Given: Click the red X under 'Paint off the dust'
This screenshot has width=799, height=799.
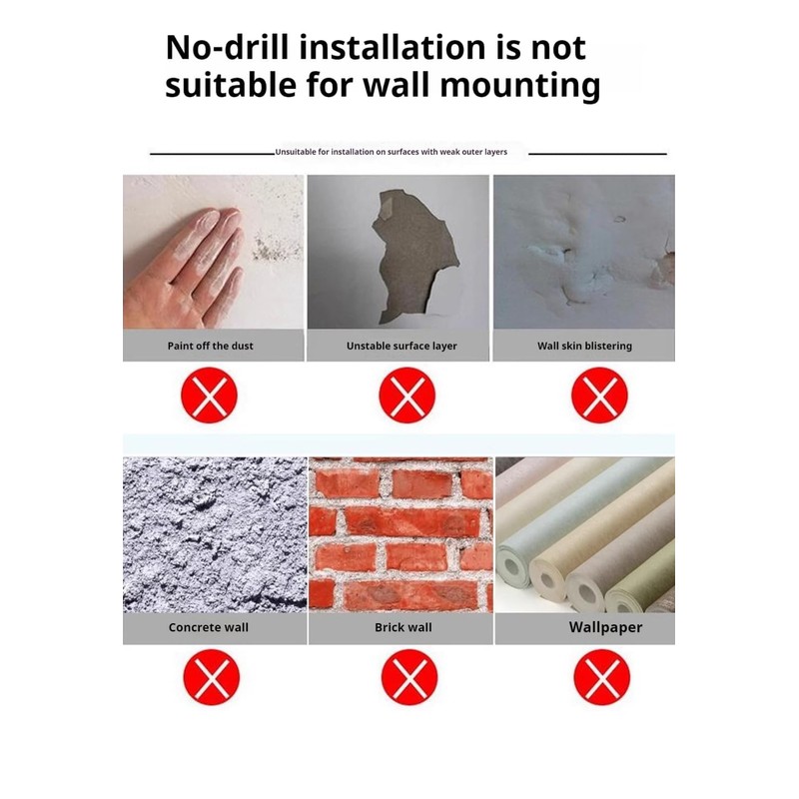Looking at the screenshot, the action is (x=209, y=395).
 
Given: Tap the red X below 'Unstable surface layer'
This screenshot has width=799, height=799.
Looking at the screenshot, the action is (x=406, y=395).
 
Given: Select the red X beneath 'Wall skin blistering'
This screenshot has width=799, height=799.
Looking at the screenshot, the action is (x=599, y=395).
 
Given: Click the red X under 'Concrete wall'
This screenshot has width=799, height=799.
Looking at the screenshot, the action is (x=211, y=677).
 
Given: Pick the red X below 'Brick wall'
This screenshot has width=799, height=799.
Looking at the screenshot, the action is (x=409, y=677).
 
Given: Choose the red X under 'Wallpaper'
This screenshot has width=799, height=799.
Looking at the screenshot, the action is (x=602, y=677).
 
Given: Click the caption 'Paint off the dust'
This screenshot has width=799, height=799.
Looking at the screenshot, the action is (x=211, y=346).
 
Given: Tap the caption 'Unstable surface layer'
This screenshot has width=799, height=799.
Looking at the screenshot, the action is (x=401, y=346).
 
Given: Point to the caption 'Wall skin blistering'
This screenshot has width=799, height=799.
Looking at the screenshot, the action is (x=584, y=346).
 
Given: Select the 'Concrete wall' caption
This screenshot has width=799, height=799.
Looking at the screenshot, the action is (x=209, y=627).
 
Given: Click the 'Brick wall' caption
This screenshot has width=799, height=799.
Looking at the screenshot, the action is (x=403, y=627).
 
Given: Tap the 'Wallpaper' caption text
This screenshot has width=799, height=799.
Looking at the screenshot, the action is (x=605, y=627).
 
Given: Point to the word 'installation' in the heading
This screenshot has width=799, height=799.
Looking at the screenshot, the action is (x=392, y=47).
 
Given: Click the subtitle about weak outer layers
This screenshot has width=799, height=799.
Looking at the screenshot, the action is (x=391, y=152).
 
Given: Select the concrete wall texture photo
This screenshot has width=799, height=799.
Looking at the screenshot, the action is (x=215, y=534).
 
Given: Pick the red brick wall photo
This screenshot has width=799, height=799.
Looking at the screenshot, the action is (x=401, y=534).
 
